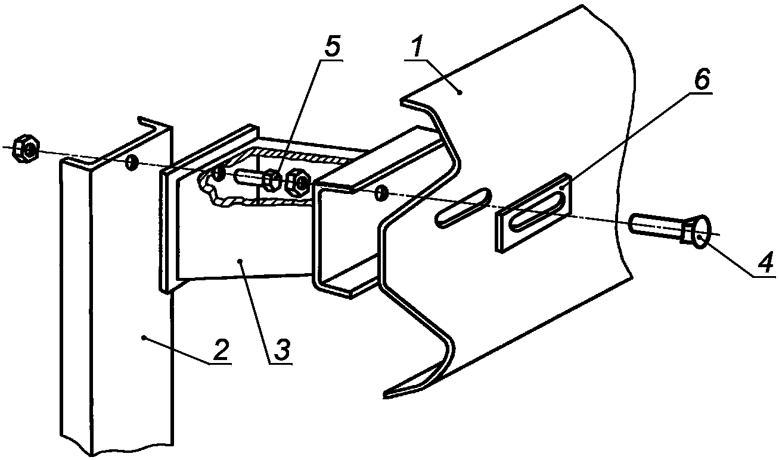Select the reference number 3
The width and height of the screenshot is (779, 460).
point(281,350)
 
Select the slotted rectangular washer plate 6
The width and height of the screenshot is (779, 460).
point(534,212)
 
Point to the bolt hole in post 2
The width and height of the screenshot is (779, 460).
point(131,162)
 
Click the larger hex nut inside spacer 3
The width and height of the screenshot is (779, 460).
point(297,183)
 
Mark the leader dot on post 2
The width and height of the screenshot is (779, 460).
point(143,337)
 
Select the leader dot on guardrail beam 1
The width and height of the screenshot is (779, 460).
point(460,92)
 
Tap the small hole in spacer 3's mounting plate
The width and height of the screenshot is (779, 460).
point(218,173)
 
